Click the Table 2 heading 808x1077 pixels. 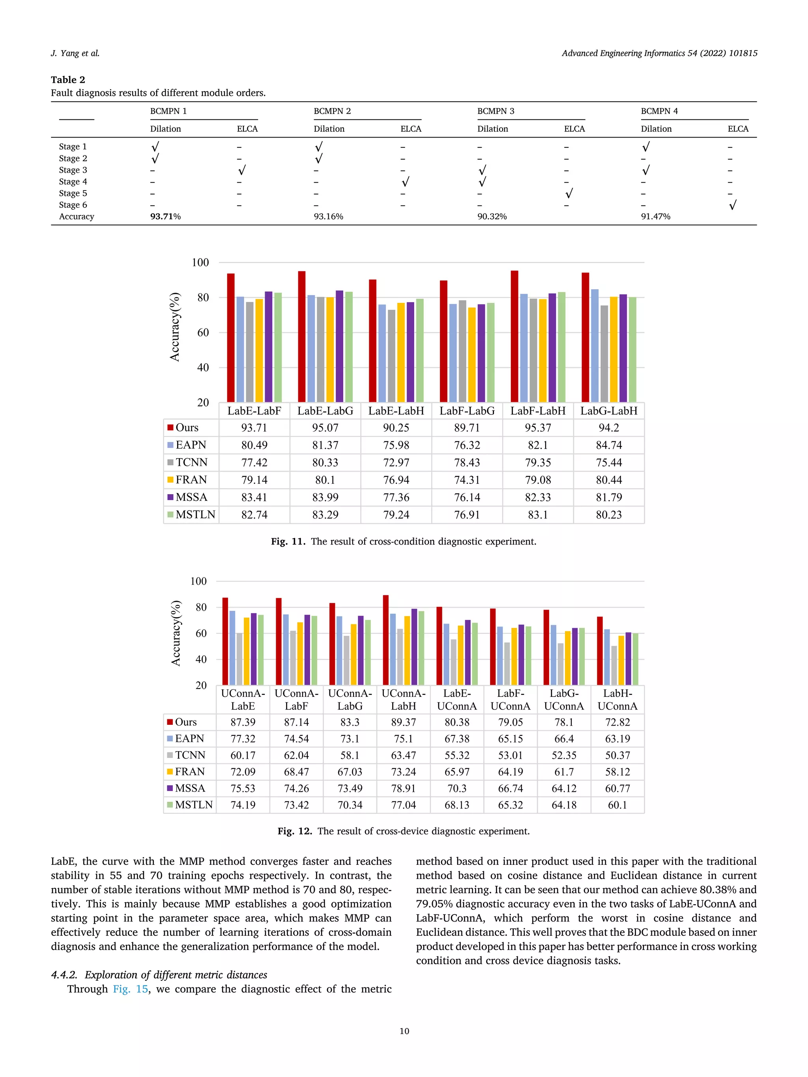pyautogui.click(x=68, y=80)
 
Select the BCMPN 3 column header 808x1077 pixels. pyautogui.click(x=495, y=111)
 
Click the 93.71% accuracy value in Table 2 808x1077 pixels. pyautogui.click(x=165, y=217)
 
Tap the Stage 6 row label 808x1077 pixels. pyautogui.click(x=73, y=205)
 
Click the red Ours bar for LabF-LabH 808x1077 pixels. pyautogui.click(x=514, y=336)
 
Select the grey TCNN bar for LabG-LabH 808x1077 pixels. pyautogui.click(x=604, y=353)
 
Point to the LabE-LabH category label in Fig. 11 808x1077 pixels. pyautogui.click(x=396, y=411)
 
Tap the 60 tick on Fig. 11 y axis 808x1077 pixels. pyautogui.click(x=203, y=332)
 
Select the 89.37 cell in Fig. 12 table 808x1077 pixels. pyautogui.click(x=403, y=722)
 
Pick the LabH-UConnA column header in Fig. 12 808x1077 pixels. pyautogui.click(x=617, y=700)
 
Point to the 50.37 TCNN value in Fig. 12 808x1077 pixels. pyautogui.click(x=617, y=755)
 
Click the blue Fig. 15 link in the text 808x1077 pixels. pyautogui.click(x=131, y=989)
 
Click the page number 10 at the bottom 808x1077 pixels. pyautogui.click(x=404, y=1031)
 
